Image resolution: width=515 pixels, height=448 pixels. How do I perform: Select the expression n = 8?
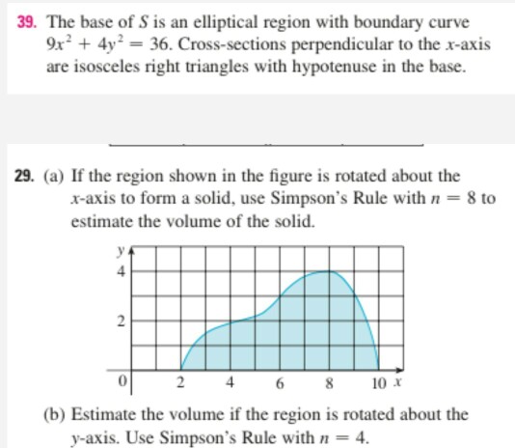(x=451, y=199)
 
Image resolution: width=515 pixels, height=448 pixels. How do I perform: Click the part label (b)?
(x=56, y=413)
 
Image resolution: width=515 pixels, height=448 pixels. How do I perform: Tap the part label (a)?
(x=56, y=177)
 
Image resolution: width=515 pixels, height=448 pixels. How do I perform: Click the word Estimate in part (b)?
(x=107, y=413)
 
